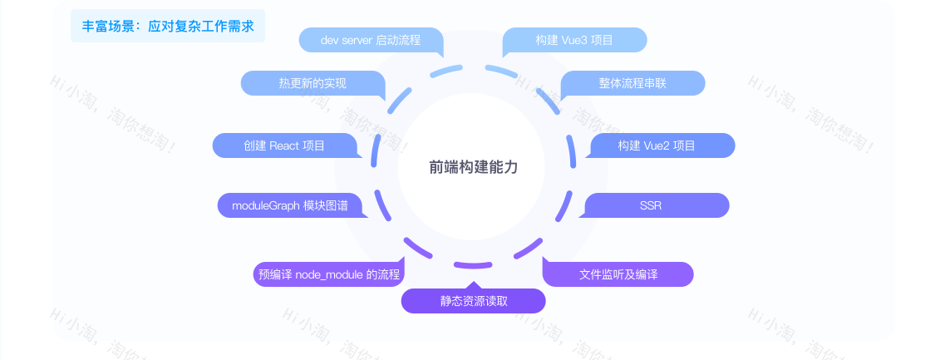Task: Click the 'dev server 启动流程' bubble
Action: pyautogui.click(x=371, y=41)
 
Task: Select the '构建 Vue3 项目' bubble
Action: pyautogui.click(x=574, y=41)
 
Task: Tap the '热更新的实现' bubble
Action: pyautogui.click(x=313, y=83)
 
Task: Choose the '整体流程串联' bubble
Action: pyautogui.click(x=632, y=83)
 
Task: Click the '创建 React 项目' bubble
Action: pyautogui.click(x=284, y=145)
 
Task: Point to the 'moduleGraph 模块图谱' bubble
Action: pyautogui.click(x=290, y=205)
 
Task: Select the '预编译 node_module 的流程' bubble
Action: pyautogui.click(x=329, y=274)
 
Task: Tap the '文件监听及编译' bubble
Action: pyautogui.click(x=618, y=274)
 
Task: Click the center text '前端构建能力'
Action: pyautogui.click(x=473, y=167)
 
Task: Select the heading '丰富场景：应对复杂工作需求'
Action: pyautogui.click(x=168, y=26)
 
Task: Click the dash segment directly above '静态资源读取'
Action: pyautogui.click(x=473, y=264)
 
